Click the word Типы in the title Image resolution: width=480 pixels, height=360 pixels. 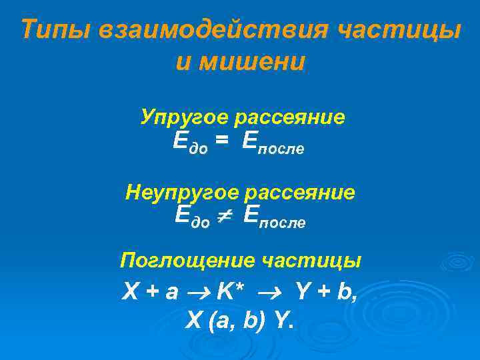(54, 31)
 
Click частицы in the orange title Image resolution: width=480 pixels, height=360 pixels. (399, 31)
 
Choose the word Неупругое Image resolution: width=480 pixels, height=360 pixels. (183, 193)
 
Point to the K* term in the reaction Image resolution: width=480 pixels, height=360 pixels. (229, 291)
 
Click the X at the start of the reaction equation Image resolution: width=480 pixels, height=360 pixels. (131, 291)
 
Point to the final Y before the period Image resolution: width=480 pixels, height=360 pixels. (281, 322)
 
